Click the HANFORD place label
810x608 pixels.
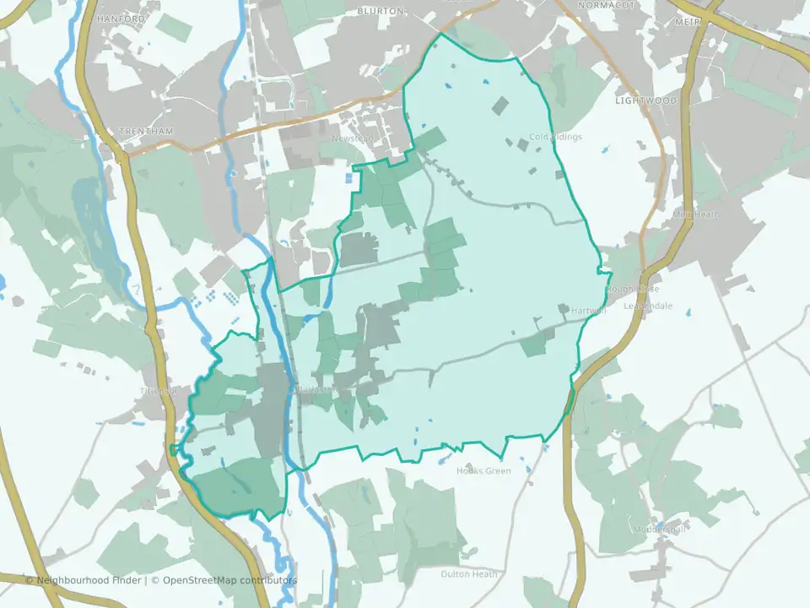click(x=116, y=18)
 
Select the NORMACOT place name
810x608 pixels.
click(x=604, y=5)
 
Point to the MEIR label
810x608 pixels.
click(x=688, y=21)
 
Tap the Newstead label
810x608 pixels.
click(x=352, y=138)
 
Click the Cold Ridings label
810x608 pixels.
click(x=556, y=137)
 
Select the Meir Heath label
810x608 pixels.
click(x=696, y=214)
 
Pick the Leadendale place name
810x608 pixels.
click(x=648, y=306)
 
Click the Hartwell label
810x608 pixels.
click(x=589, y=311)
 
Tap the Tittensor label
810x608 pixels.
click(x=158, y=391)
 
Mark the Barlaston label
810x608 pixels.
click(x=317, y=390)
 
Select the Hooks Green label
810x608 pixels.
click(x=483, y=471)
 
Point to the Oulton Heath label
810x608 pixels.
click(x=468, y=574)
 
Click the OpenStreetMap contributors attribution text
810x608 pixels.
click(x=229, y=580)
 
